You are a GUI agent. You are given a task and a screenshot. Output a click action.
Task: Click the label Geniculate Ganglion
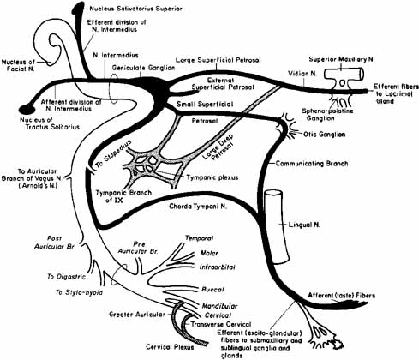point(143,68)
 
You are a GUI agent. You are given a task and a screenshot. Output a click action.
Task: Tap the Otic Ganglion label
point(324,135)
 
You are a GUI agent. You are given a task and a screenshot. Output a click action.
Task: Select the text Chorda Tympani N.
point(198,206)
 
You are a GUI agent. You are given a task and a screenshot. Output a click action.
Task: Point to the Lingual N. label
point(304,225)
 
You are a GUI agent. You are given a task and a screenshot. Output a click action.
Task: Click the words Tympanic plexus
point(212,177)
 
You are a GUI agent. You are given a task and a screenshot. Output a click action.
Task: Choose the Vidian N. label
point(302,74)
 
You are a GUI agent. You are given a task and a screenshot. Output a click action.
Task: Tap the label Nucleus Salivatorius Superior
point(135,9)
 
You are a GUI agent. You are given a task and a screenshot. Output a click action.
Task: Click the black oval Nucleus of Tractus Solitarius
point(27,109)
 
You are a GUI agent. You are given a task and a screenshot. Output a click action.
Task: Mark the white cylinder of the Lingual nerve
point(276,227)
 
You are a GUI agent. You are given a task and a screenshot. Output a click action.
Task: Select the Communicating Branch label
point(312,164)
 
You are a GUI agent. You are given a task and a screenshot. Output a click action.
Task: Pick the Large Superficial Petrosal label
point(218,60)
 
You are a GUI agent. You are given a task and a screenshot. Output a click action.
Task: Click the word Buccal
point(212,290)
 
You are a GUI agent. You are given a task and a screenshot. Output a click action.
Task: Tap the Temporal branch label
point(199,238)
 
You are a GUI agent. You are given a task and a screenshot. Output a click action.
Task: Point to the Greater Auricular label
point(137,315)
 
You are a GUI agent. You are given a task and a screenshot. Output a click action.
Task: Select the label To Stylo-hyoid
point(79,292)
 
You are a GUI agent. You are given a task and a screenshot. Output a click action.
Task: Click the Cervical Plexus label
point(170,347)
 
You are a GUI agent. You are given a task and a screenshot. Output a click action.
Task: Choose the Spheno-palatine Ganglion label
point(327,114)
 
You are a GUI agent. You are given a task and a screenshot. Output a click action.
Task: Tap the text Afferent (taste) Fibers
point(341,296)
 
